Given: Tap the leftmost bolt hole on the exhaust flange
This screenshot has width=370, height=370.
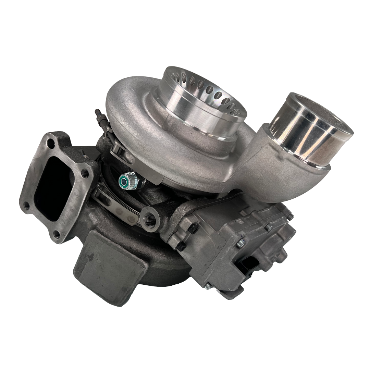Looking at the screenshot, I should pyautogui.click(x=26, y=207).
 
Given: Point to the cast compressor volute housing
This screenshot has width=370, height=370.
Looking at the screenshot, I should pyautogui.click(x=137, y=110).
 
